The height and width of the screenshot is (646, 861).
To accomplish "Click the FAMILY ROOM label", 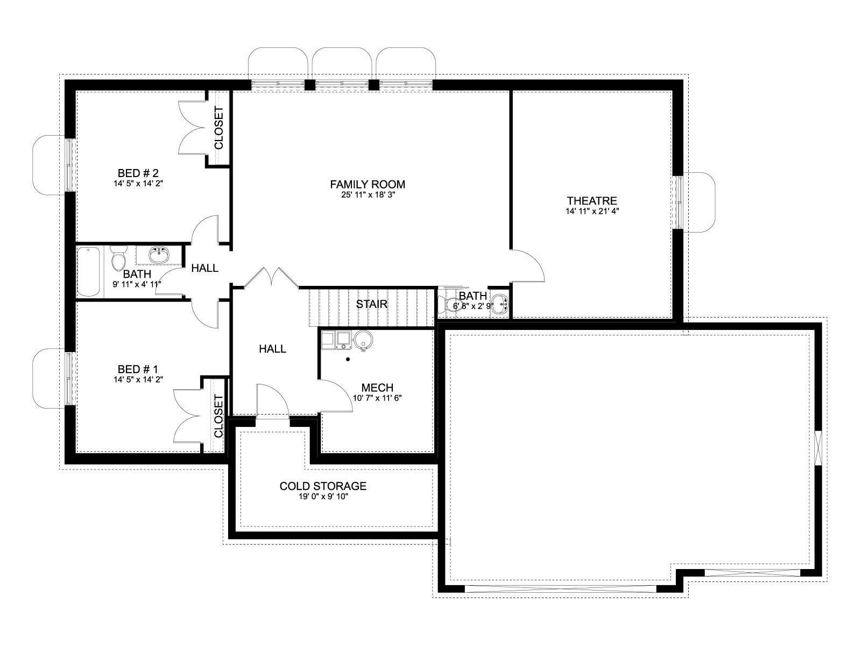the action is [367, 184].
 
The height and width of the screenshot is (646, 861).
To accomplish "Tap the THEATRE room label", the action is [591, 201].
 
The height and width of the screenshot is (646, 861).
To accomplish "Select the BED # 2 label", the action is [138, 173].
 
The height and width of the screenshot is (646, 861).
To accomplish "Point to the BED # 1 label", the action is [138, 369].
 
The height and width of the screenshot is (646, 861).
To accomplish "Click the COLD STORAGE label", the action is [323, 486].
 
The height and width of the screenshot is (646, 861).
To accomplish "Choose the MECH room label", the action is [377, 388].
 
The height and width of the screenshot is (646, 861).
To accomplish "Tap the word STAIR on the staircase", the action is [371, 304].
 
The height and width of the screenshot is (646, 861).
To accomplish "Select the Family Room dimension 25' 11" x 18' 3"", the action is [368, 195].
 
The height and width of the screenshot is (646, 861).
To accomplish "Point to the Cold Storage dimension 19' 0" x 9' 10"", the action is [323, 497].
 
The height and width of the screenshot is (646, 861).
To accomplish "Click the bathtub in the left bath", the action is [88, 272].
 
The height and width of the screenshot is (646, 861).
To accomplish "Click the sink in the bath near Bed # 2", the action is [159, 255].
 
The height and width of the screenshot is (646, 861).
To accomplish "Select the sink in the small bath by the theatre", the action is [500, 305].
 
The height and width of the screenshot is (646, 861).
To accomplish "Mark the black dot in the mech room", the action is [348, 359].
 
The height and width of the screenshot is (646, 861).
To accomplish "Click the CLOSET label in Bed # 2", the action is [218, 128].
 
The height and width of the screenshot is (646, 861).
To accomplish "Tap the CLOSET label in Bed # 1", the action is [218, 416].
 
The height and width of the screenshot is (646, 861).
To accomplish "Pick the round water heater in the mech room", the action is [363, 340].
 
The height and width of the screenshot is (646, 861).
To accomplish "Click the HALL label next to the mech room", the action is [272, 349].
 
